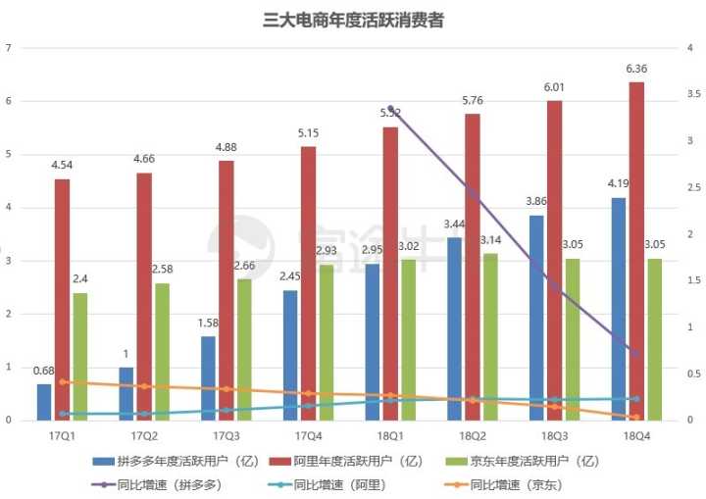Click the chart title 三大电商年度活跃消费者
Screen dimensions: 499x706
coord(354,19)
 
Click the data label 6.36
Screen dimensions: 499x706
coord(636,69)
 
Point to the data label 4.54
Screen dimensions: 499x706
coord(62,166)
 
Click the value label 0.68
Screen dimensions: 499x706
coord(44,371)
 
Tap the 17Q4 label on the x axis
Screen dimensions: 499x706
coord(308,433)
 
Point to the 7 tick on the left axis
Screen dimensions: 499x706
coord(9,47)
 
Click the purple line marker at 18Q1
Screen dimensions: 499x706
coord(390,109)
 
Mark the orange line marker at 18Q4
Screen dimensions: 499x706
coord(636,417)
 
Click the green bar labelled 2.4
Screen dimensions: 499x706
coord(79,356)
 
